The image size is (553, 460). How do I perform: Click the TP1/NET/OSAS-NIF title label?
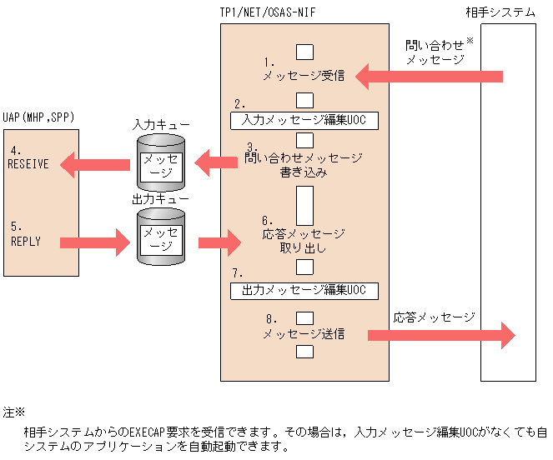pyautogui.click(x=266, y=12)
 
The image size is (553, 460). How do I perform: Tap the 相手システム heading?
pyautogui.click(x=500, y=12)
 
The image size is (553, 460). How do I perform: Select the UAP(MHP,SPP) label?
pyautogui.click(x=38, y=117)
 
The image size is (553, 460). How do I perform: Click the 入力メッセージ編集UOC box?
pyautogui.click(x=304, y=120)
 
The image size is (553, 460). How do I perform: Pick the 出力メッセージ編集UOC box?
pyautogui.click(x=304, y=290)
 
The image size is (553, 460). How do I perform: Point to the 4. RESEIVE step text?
pyautogui.click(x=28, y=157)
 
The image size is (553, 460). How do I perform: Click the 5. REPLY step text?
pyautogui.click(x=26, y=234)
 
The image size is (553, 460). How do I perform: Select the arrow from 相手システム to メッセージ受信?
pyautogui.click(x=430, y=77)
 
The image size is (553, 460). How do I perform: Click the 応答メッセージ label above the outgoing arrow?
pyautogui.click(x=434, y=317)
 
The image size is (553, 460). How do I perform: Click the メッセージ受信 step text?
pyautogui.click(x=304, y=76)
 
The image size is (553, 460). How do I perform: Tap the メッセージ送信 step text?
pyautogui.click(x=304, y=333)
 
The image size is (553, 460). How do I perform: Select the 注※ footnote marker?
pyautogui.click(x=14, y=412)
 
